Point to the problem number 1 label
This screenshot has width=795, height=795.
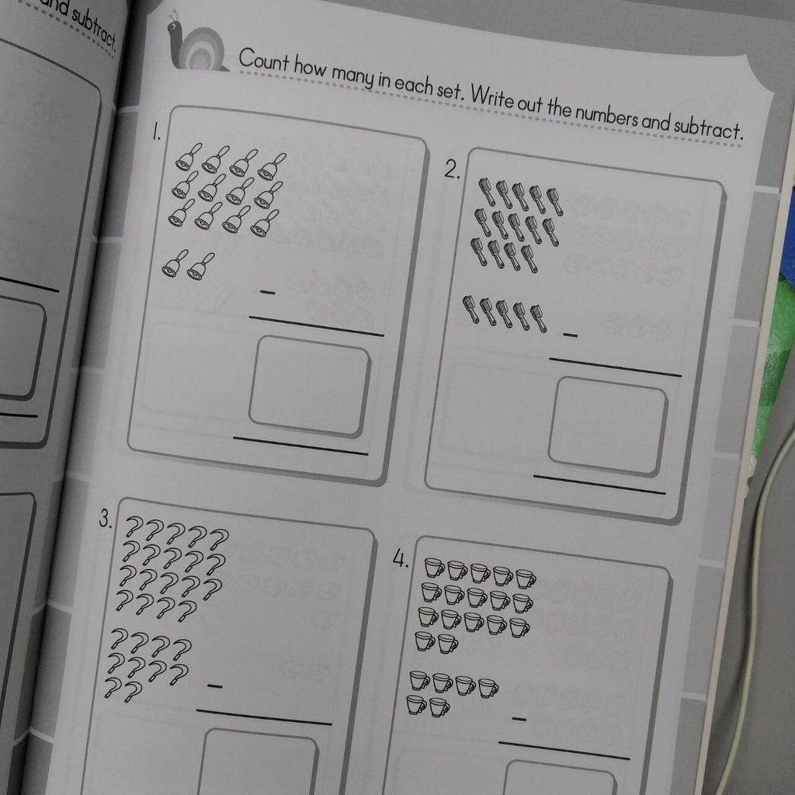pos(157,133)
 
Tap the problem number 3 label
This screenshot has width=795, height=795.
pos(106,519)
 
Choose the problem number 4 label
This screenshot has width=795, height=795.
pos(401,559)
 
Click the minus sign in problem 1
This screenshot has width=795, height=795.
pos(268,293)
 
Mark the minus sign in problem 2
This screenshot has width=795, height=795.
pos(570,335)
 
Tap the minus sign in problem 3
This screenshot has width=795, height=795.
pos(215,686)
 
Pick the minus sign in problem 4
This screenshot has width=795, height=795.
pos(519,718)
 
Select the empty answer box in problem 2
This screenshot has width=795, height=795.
pos(607,427)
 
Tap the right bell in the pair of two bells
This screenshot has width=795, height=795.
pos(201,266)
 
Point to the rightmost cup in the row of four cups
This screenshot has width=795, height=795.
pos(488,688)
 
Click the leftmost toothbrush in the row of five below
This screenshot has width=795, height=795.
pos(470,310)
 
